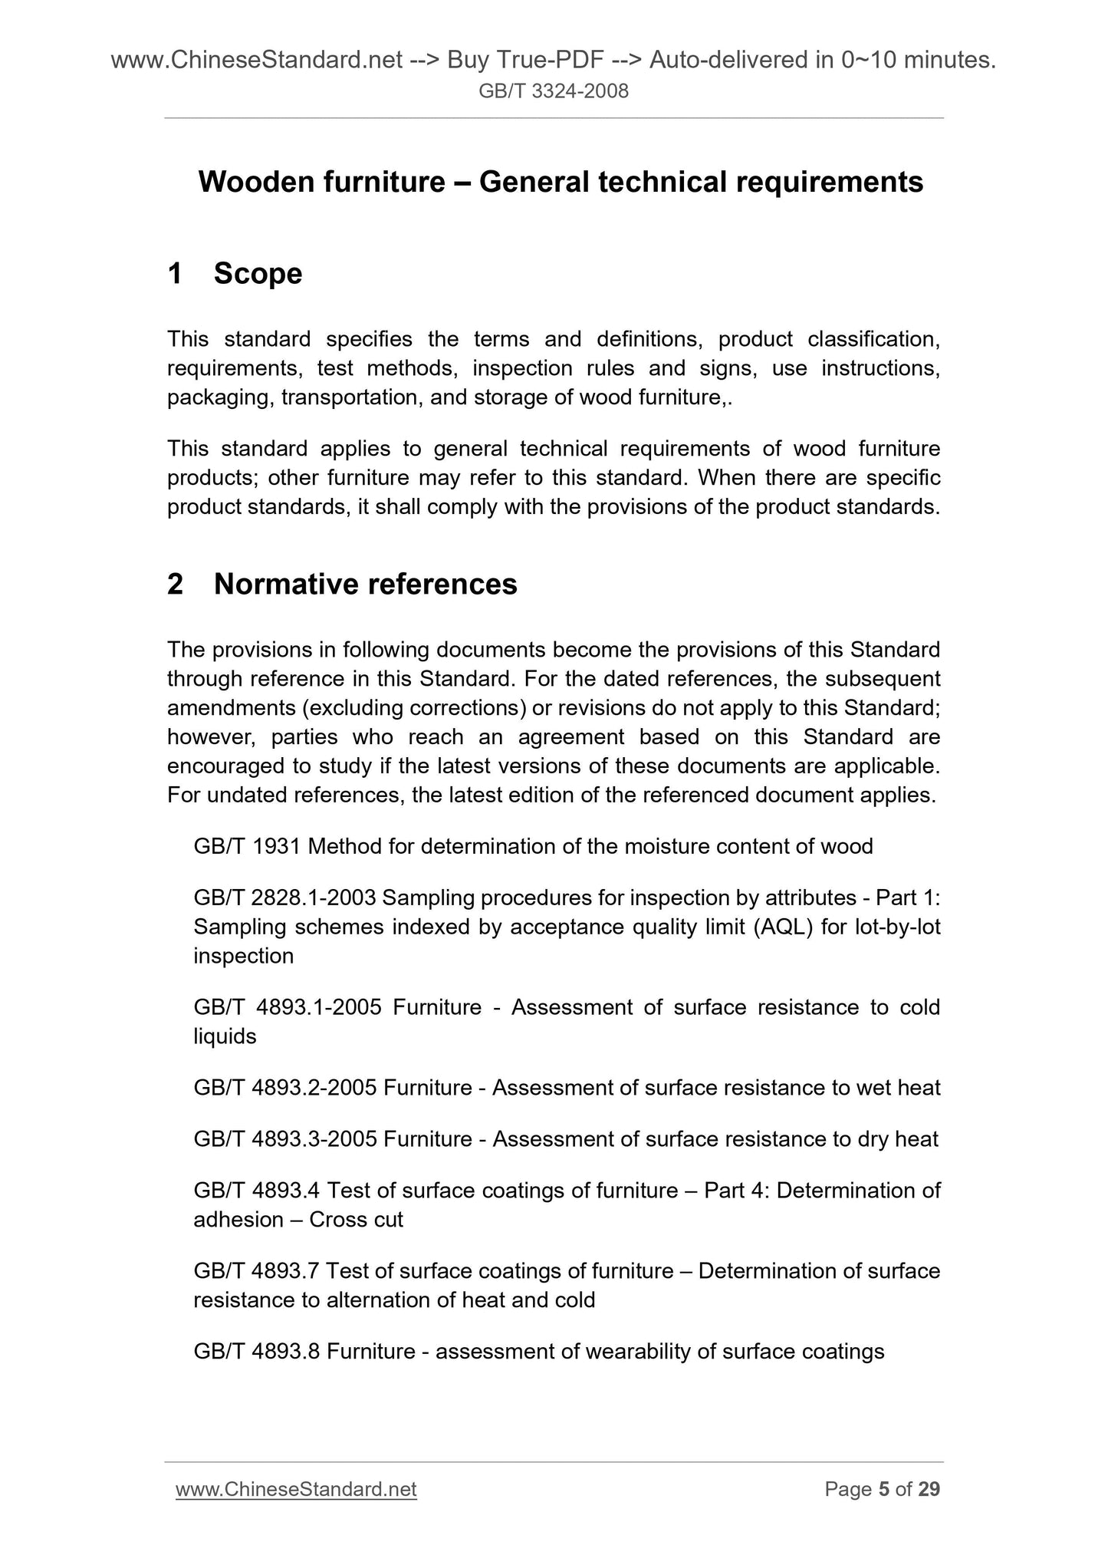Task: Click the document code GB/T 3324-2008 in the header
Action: coord(554,92)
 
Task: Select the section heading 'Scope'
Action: coord(258,274)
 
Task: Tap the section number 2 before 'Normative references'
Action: coord(175,585)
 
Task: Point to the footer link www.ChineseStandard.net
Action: coord(296,1489)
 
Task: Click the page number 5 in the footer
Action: coord(883,1489)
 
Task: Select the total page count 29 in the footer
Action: coord(929,1489)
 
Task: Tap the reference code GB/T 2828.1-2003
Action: coord(284,898)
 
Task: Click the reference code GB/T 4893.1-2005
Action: coord(288,1007)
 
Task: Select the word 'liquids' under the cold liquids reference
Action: coord(225,1036)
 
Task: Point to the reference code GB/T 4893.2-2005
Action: coord(285,1088)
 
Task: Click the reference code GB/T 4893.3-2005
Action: coord(285,1139)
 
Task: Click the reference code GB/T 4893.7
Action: coord(257,1271)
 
